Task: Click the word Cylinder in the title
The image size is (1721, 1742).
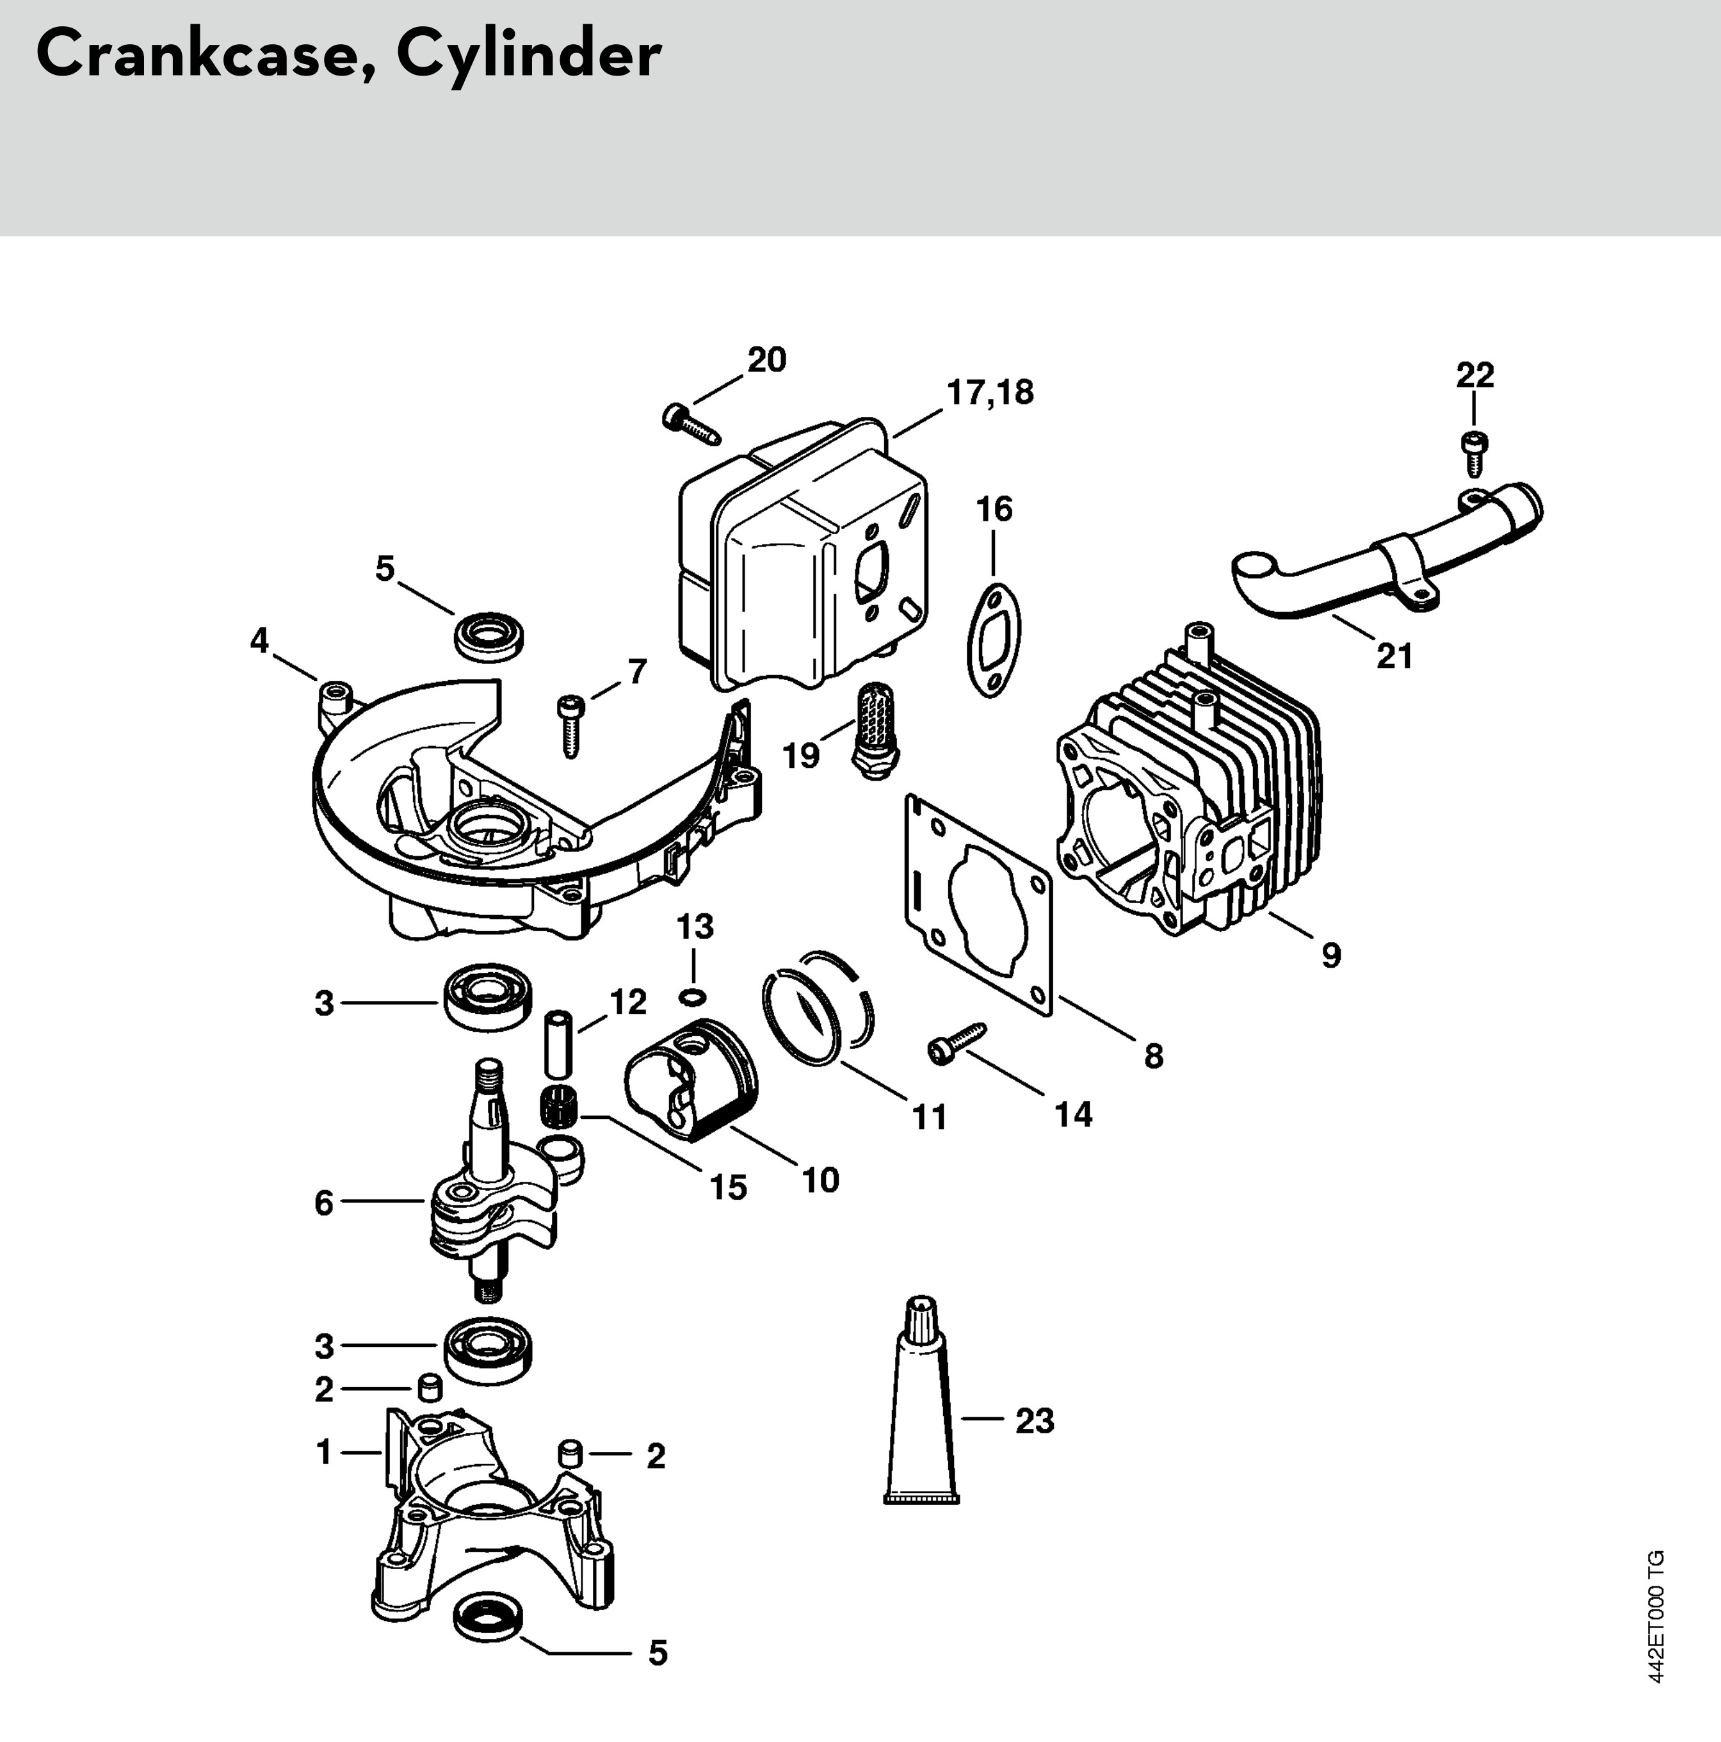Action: click(x=529, y=56)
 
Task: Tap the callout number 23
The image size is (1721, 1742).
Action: click(x=1034, y=1421)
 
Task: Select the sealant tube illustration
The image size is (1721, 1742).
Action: click(x=921, y=1401)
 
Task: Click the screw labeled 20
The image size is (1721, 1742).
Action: click(x=691, y=424)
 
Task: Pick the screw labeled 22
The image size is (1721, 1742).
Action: click(x=1473, y=453)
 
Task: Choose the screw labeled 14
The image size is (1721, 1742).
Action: click(x=957, y=1043)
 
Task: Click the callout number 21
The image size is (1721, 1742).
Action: click(x=1394, y=656)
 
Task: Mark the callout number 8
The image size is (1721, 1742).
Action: click(x=1153, y=1056)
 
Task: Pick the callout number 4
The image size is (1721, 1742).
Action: click(x=260, y=641)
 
